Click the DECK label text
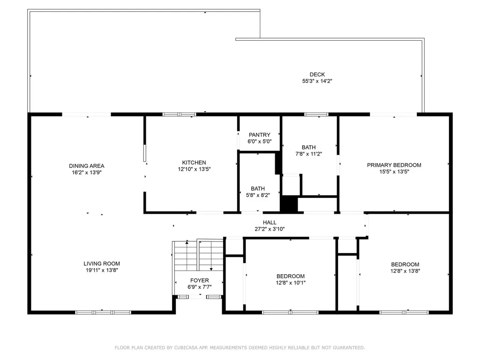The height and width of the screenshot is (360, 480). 317,75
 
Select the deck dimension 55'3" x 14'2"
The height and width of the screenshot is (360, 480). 317,81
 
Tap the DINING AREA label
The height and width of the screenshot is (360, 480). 86,166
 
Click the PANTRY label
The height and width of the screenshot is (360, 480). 260,135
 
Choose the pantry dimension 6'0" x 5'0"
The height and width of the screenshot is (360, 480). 260,142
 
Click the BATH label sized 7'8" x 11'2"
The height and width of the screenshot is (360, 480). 308,147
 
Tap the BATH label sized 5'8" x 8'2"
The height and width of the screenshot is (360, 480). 257,189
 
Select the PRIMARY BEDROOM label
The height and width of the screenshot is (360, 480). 394,165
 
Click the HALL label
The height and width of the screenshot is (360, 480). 270,223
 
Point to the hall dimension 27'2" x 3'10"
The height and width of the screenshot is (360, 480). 270,229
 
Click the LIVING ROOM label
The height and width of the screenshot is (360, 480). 102,264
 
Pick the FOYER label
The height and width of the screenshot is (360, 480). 199,280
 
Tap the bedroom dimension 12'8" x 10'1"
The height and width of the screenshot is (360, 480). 290,283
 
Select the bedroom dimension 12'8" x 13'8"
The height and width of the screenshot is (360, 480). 405,271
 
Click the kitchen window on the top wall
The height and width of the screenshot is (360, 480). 179,114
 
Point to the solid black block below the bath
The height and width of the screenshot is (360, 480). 289,204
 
